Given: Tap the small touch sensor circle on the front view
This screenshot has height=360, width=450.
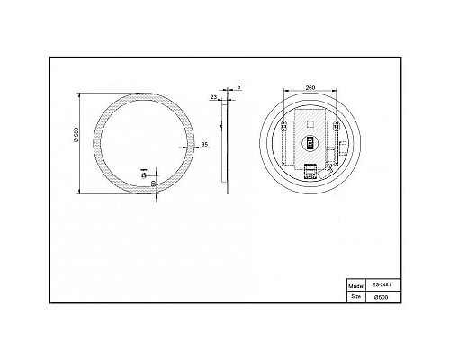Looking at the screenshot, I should [145, 173].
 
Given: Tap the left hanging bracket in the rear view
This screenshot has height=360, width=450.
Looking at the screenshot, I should [284, 125].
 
